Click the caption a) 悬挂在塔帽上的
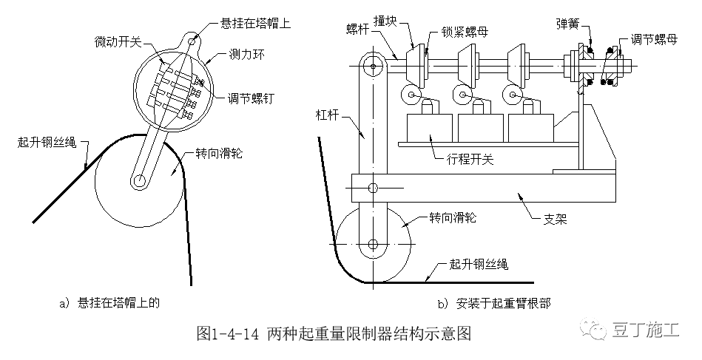[113, 302]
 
